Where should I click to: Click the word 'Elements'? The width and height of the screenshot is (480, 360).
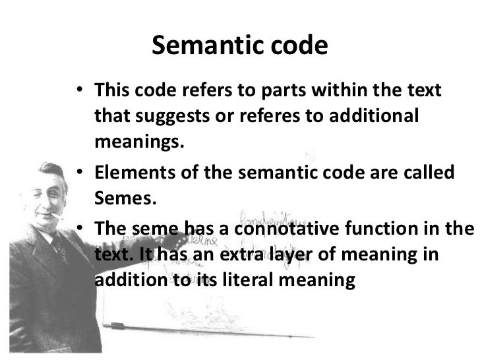coord(129,173)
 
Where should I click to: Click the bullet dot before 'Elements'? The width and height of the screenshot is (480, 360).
coord(79,173)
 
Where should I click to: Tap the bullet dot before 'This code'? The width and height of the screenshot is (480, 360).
coord(79,90)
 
